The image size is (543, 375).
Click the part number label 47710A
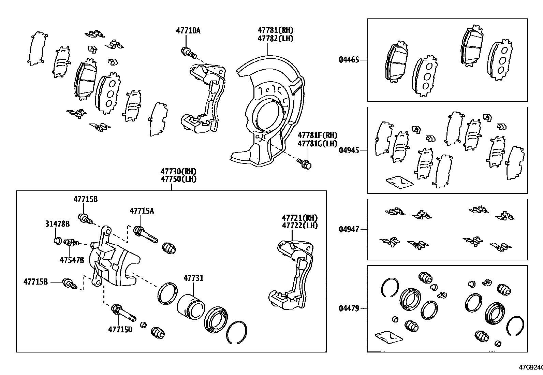(x=188, y=31)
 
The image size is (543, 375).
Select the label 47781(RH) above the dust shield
(x=275, y=30)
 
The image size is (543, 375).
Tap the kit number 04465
(x=349, y=60)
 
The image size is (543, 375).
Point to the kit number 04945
(x=349, y=150)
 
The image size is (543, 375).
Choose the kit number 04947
(x=349, y=229)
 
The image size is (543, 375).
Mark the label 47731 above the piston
(x=193, y=278)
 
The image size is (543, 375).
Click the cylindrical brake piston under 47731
(x=190, y=307)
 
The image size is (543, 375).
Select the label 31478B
(x=57, y=224)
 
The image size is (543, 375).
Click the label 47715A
(x=142, y=211)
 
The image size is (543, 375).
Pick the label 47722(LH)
(x=299, y=226)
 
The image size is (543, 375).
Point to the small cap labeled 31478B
(x=58, y=241)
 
